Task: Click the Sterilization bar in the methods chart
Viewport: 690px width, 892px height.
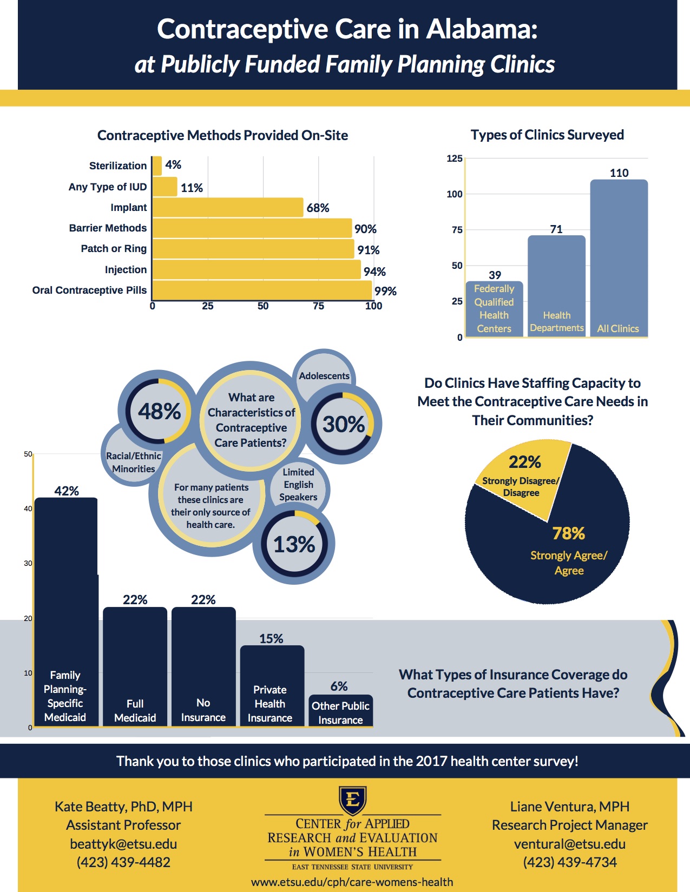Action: (x=157, y=166)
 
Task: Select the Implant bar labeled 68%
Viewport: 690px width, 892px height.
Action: (x=227, y=207)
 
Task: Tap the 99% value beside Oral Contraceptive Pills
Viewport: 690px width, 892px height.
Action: (x=385, y=291)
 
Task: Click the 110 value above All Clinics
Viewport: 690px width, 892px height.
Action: (x=619, y=173)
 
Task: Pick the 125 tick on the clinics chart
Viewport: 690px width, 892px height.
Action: (x=455, y=158)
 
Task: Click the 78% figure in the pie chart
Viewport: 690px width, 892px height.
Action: (x=568, y=533)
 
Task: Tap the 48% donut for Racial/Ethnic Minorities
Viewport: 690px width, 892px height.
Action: (x=159, y=411)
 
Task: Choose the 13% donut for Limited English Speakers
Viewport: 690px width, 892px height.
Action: (x=294, y=544)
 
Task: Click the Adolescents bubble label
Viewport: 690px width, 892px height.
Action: (x=324, y=376)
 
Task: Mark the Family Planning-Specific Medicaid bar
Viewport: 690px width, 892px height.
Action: (x=66, y=611)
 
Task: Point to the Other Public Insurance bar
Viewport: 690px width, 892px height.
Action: (x=340, y=711)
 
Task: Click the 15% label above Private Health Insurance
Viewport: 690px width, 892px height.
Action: (x=271, y=639)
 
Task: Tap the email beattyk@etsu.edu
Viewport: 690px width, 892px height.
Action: (x=123, y=844)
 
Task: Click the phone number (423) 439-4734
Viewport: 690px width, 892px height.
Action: (x=570, y=862)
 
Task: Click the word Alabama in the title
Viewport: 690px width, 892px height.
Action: (x=482, y=29)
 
